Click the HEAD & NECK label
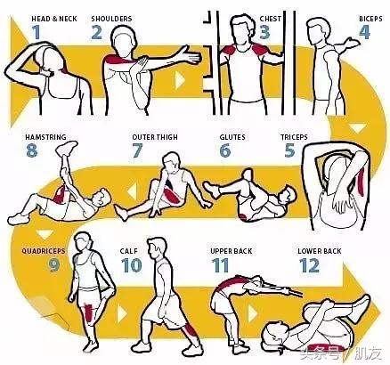pos(54,19)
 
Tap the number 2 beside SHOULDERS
pos(96,32)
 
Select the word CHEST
pos(271,19)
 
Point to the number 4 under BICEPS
pos(364,32)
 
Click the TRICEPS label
pos(294,137)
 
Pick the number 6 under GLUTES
pos(225,150)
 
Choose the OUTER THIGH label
pos(155,137)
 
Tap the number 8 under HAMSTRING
pos(31,150)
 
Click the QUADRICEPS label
pos(43,251)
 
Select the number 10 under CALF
pos(131,265)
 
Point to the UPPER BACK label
pos(232,251)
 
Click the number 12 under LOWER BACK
pos(309,265)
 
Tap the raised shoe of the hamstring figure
pos(66,147)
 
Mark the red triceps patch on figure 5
pos(362,184)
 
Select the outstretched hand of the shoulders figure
pos(191,55)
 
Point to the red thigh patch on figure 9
pos(89,312)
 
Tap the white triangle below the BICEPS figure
pos(357,128)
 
